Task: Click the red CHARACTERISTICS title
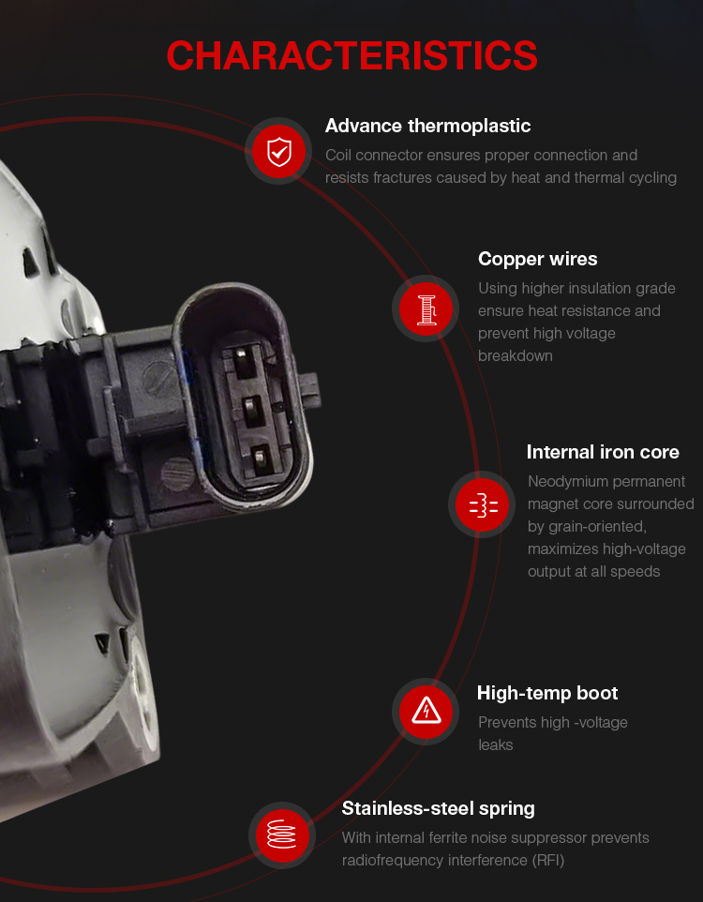[x=351, y=56]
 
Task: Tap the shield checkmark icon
[x=279, y=151]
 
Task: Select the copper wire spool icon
[x=426, y=308]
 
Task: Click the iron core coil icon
[x=483, y=505]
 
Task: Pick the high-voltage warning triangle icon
[x=426, y=711]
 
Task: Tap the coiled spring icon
[x=282, y=834]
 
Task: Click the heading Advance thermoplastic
[x=427, y=126]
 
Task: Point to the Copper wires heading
[x=537, y=259]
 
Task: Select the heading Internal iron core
[x=603, y=452]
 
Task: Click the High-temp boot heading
[x=547, y=693]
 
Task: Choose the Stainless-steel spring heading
[x=438, y=809]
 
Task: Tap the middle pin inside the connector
[x=251, y=410]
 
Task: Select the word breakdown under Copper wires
[x=516, y=356]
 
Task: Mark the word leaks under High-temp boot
[x=495, y=745]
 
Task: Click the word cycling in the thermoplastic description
[x=652, y=178]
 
